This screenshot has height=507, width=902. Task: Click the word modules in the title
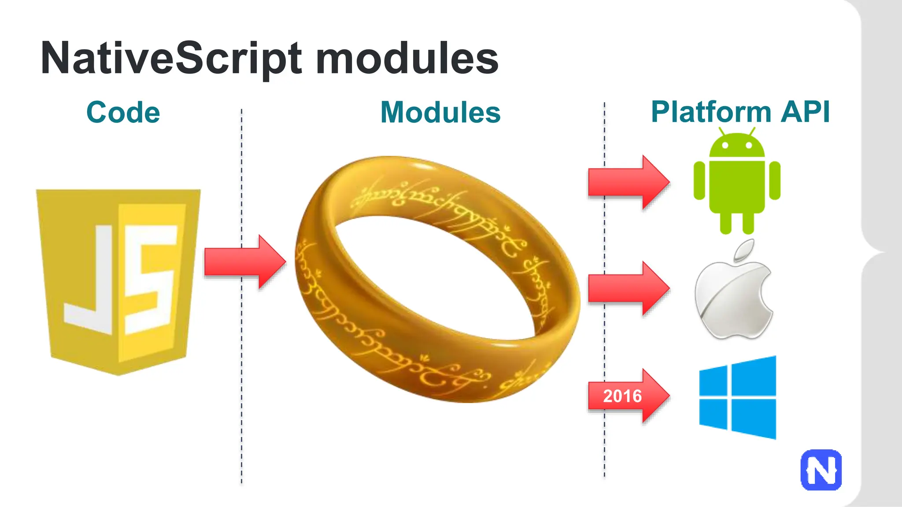coord(407,59)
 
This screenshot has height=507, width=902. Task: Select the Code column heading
coord(123,112)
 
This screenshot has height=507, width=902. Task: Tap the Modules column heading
coord(440,112)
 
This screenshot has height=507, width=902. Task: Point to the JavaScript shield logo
coord(118,282)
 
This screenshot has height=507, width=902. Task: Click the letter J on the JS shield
coord(90,282)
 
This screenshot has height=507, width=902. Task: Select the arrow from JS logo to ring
coord(245,262)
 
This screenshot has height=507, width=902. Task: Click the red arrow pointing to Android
coord(628,182)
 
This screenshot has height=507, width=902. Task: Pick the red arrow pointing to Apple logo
coord(628,289)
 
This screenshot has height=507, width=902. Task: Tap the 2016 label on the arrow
coord(622,396)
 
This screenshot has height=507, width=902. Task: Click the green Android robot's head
coord(737,146)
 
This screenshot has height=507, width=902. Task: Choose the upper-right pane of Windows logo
coord(754,376)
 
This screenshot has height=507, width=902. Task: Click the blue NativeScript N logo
coord(821,470)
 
